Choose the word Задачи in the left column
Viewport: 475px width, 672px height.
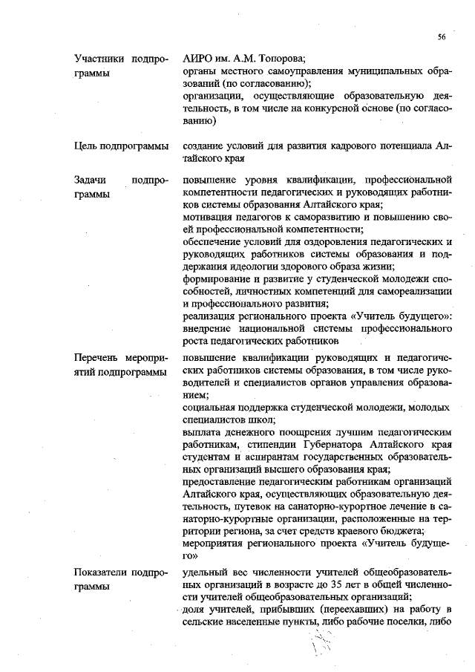coord(92,180)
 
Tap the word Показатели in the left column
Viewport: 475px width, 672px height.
coord(102,572)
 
